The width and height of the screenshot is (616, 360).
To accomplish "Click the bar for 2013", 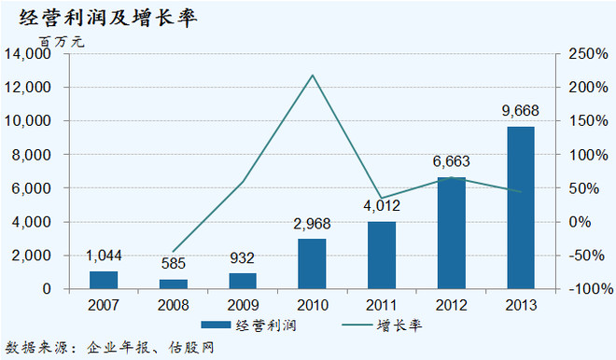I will (x=521, y=207).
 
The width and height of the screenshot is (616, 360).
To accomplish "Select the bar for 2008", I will (x=173, y=284).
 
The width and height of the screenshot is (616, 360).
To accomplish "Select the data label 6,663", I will (x=451, y=162).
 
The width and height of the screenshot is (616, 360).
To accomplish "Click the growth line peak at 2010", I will (x=312, y=76).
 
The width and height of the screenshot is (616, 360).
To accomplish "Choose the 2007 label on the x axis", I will (x=104, y=305).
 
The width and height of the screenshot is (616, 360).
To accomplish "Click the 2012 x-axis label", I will (x=451, y=305).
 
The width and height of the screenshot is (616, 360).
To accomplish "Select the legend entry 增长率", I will (x=393, y=325).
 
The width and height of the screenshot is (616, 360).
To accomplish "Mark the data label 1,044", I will (x=104, y=256).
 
